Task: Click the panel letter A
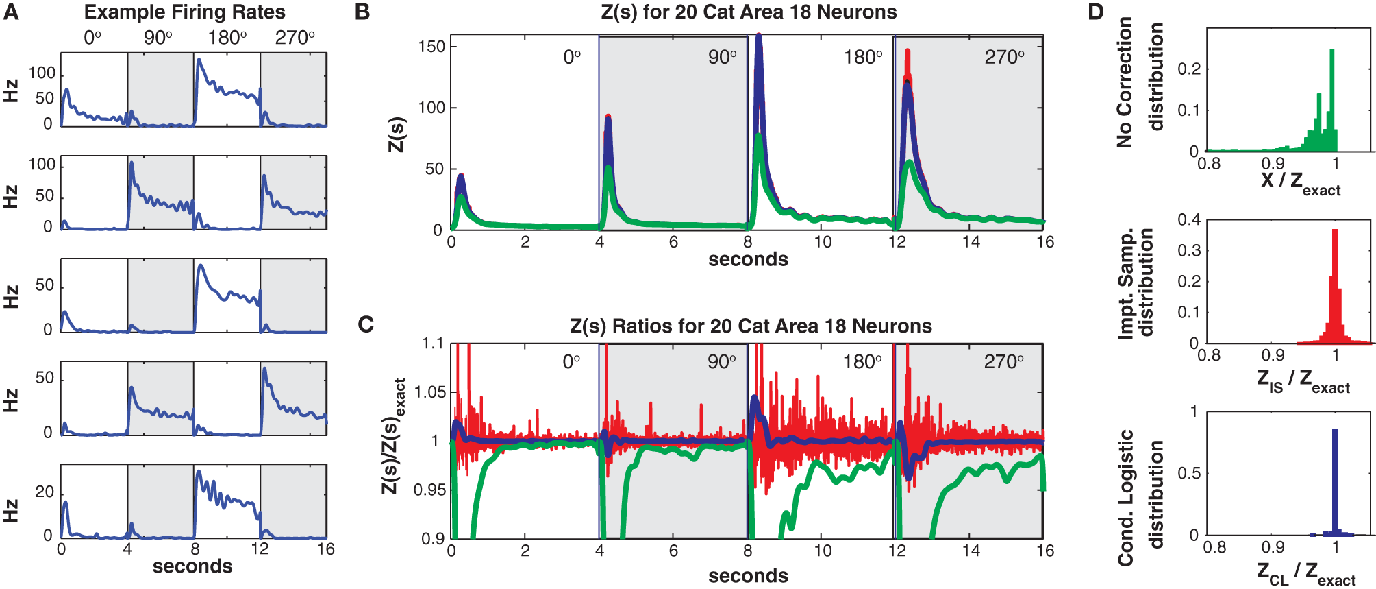[x=10, y=12]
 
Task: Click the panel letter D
[x=1097, y=12]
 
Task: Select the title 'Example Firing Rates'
[x=184, y=12]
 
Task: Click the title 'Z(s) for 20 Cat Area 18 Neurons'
[x=749, y=12]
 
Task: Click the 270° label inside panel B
[x=1004, y=58]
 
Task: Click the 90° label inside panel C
[x=722, y=362]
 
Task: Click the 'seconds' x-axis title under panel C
[x=748, y=576]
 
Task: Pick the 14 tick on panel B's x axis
[x=971, y=242]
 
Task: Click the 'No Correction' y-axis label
[x=1124, y=82]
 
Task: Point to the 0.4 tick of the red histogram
[x=1188, y=220]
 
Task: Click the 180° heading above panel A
[x=227, y=38]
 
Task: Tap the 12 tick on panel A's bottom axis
[x=260, y=549]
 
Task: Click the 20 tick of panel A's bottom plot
[x=44, y=492]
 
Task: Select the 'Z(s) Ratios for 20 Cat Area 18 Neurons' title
[x=751, y=326]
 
